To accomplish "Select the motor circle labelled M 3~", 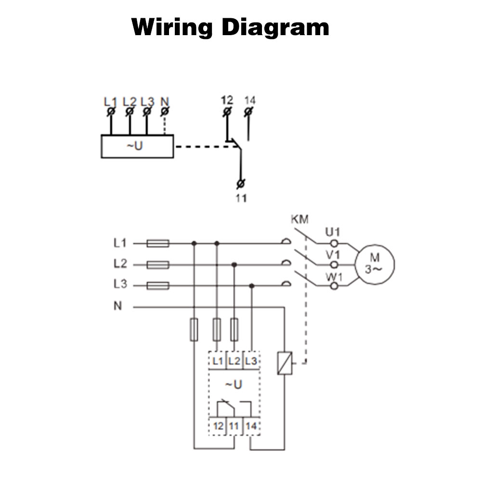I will pyautogui.click(x=375, y=264).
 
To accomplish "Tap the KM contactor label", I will pyautogui.click(x=299, y=220).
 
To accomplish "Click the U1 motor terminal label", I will pyautogui.click(x=333, y=233).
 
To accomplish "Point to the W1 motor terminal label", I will pyautogui.click(x=333, y=277).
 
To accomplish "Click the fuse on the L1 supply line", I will pyautogui.click(x=157, y=244).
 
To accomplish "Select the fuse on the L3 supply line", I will pyautogui.click(x=157, y=286).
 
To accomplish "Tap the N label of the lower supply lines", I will pyautogui.click(x=117, y=306).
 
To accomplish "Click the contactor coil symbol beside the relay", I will pyautogui.click(x=282, y=363).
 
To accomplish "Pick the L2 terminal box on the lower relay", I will pyautogui.click(x=234, y=360).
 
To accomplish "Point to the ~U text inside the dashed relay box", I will pyautogui.click(x=234, y=385).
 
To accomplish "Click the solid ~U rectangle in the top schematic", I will pyautogui.click(x=137, y=146).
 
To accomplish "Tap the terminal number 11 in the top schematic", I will pyautogui.click(x=241, y=198).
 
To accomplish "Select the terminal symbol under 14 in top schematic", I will pyautogui.click(x=248, y=112).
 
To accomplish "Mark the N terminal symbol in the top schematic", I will pyautogui.click(x=165, y=112).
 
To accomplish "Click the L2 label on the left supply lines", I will pyautogui.click(x=120, y=264).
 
